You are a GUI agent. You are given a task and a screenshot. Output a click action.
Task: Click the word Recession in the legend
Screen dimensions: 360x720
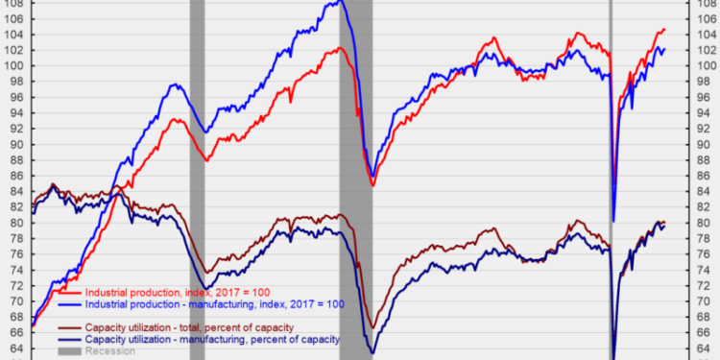[110, 351]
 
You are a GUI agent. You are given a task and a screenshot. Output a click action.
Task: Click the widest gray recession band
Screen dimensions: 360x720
[357, 144]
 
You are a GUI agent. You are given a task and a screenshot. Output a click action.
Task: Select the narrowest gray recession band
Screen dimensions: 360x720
[612, 144]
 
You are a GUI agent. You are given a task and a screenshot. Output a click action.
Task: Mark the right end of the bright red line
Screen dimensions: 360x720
[664, 30]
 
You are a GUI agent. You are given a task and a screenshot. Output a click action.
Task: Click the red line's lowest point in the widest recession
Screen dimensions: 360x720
[372, 185]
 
